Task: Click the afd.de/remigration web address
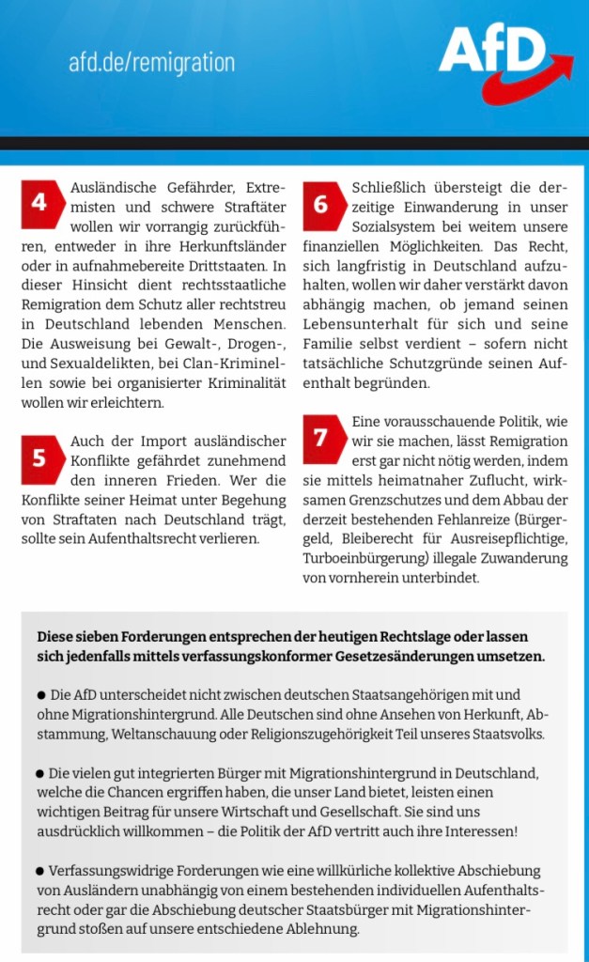point(151,63)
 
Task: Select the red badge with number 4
point(39,203)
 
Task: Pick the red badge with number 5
point(39,458)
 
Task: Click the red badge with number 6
point(320,203)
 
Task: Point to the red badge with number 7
point(320,437)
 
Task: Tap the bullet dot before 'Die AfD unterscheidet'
point(41,695)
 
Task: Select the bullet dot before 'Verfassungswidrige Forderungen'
point(41,870)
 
